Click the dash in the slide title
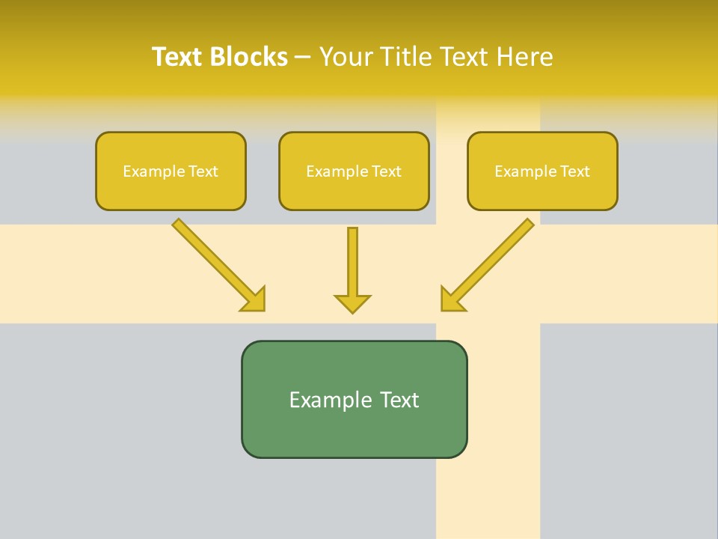[x=304, y=58]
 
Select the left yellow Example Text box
[x=171, y=171]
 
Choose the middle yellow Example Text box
[x=354, y=171]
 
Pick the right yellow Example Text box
[x=542, y=171]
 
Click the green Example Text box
[x=354, y=399]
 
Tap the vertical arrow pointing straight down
[x=352, y=262]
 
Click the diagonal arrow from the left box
[x=213, y=259]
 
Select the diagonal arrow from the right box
[x=494, y=259]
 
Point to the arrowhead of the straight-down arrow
[x=352, y=303]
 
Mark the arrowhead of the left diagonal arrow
[x=254, y=299]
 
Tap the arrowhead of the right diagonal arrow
[x=452, y=299]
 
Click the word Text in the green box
[x=399, y=400]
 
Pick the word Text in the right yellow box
[x=575, y=171]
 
